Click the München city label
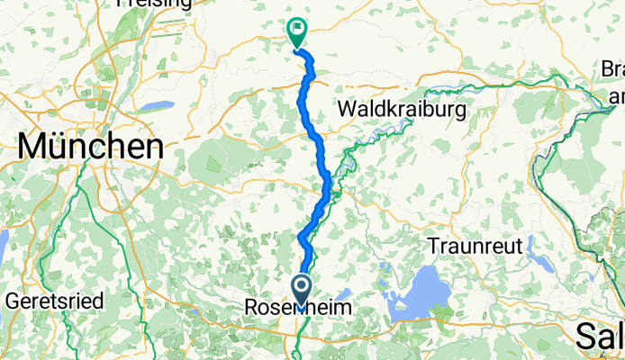click(x=88, y=146)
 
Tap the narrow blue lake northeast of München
click(x=159, y=105)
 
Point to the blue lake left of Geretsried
click(x=3, y=243)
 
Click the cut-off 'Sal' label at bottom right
click(x=600, y=337)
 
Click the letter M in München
click(x=31, y=146)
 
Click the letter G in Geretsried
click(x=13, y=301)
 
